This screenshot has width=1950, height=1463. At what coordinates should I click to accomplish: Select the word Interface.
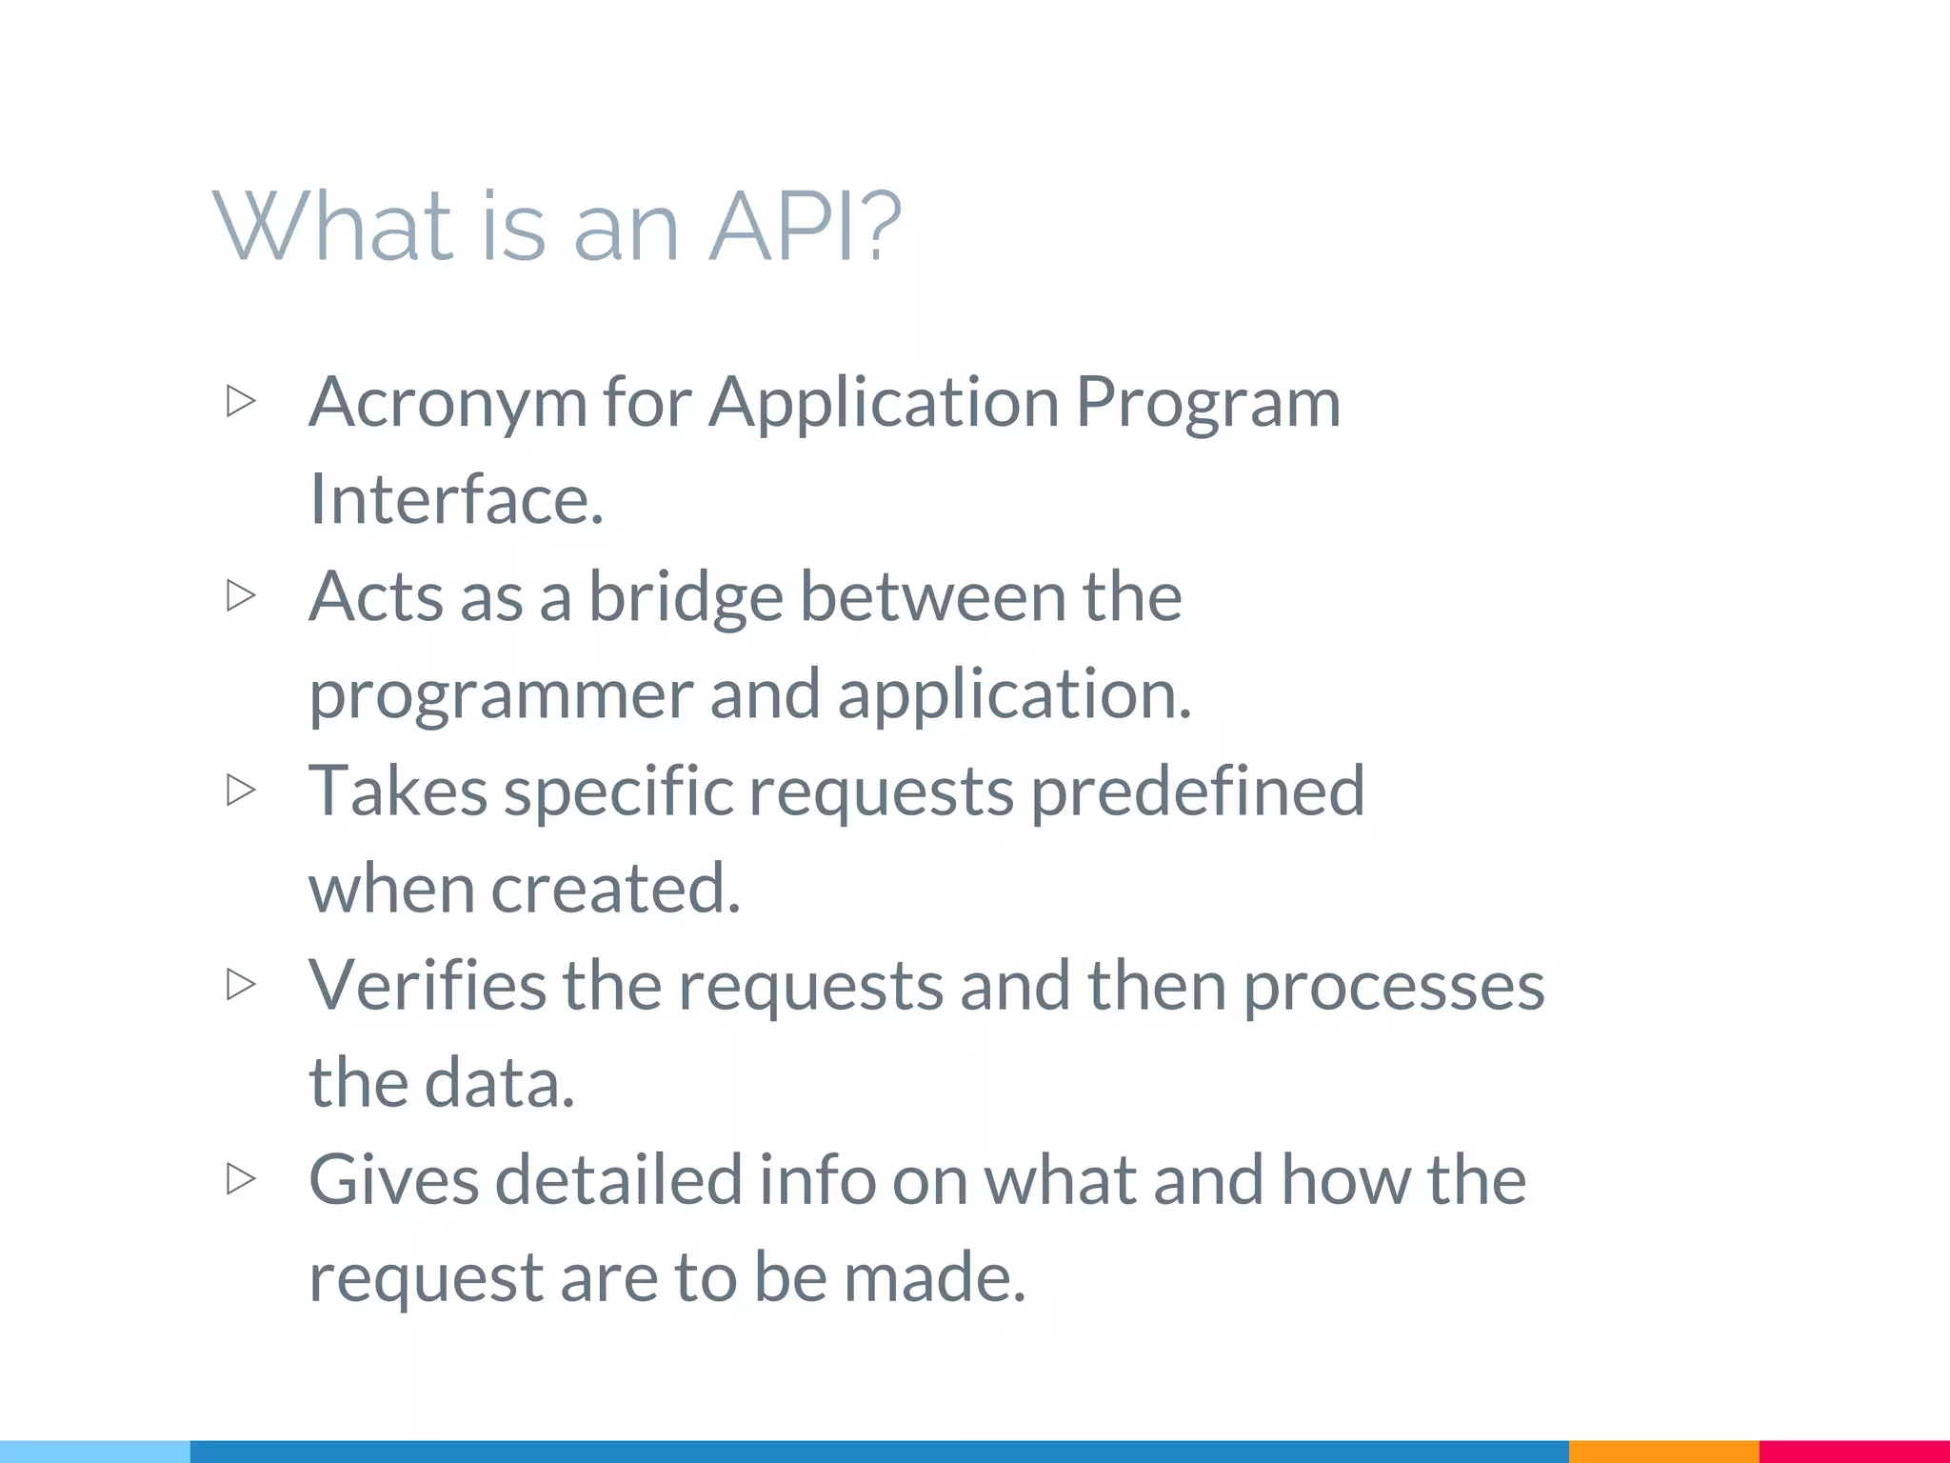[456, 499]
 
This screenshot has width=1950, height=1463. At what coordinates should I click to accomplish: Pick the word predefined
[1198, 792]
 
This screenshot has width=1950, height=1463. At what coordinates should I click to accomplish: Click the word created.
[615, 890]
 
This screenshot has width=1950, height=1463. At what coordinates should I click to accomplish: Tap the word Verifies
[428, 987]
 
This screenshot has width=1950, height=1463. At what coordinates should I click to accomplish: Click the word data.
[499, 1085]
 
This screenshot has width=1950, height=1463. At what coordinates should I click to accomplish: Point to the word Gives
[393, 1181]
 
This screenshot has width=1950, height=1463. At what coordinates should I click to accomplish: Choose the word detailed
[618, 1181]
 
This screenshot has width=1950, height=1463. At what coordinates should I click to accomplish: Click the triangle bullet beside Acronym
[241, 401]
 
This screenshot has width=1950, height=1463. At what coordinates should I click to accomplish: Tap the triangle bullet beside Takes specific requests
[241, 790]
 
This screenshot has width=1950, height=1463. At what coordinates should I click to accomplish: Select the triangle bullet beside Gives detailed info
[241, 1179]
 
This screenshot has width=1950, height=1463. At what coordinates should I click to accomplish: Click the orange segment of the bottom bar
[1662, 1452]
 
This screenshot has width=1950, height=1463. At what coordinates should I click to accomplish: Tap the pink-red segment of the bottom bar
[1854, 1452]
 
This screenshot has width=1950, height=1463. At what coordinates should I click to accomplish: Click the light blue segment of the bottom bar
[95, 1452]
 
